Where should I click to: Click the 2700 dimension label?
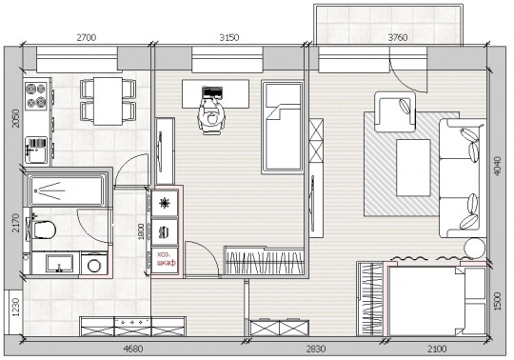pyautogui.click(x=87, y=37)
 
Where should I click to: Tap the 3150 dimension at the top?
pyautogui.click(x=229, y=37)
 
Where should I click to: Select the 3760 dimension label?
pyautogui.click(x=398, y=37)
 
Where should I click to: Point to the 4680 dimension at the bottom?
pyautogui.click(x=133, y=349)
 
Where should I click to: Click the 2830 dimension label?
pyautogui.click(x=316, y=349)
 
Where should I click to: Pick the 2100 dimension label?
pyautogui.click(x=437, y=349)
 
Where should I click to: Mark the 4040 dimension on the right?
pyautogui.click(x=497, y=167)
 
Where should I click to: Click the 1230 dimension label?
pyautogui.click(x=15, y=308)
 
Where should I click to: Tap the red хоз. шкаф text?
pyautogui.click(x=166, y=259)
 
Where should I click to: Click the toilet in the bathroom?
pyautogui.click(x=43, y=230)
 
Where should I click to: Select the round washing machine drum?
pyautogui.click(x=94, y=266)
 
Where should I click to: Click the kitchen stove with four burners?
pyautogui.click(x=36, y=96)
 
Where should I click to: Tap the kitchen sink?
pyautogui.click(x=36, y=150)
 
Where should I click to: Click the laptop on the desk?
pyautogui.click(x=211, y=92)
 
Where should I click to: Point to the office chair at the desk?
pyautogui.click(x=211, y=118)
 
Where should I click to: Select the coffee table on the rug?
pyautogui.click(x=413, y=168)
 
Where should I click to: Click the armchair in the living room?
pyautogui.click(x=395, y=111)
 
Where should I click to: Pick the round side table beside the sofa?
pyautogui.click(x=475, y=249)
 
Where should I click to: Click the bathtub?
pyautogui.click(x=68, y=190)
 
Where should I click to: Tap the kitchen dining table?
pyautogui.click(x=108, y=101)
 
